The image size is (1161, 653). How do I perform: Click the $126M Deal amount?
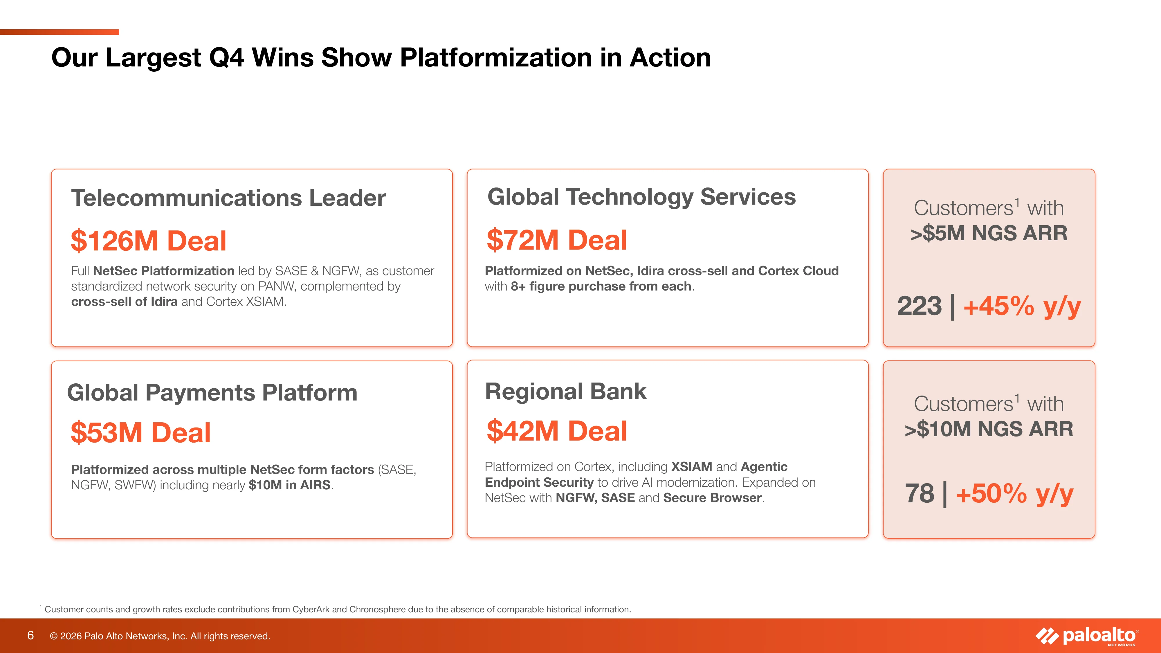(x=148, y=241)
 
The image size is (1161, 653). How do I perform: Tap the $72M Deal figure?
(x=557, y=240)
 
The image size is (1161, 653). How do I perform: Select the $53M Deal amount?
(x=140, y=433)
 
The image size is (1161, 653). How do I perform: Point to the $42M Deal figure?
(x=557, y=431)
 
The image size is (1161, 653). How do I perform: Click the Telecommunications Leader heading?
(x=228, y=198)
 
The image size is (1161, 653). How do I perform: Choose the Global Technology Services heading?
(x=642, y=197)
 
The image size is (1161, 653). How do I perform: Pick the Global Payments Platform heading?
(x=212, y=392)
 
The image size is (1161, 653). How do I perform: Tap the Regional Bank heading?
(x=566, y=391)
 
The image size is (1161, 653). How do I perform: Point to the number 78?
(x=920, y=493)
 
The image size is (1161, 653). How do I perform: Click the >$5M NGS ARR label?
(x=989, y=233)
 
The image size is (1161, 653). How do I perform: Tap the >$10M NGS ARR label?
(x=989, y=429)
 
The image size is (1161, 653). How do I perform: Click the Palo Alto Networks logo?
(x=1087, y=636)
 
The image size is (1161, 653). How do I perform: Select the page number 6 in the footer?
(x=31, y=635)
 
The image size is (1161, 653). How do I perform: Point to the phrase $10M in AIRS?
(x=290, y=485)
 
